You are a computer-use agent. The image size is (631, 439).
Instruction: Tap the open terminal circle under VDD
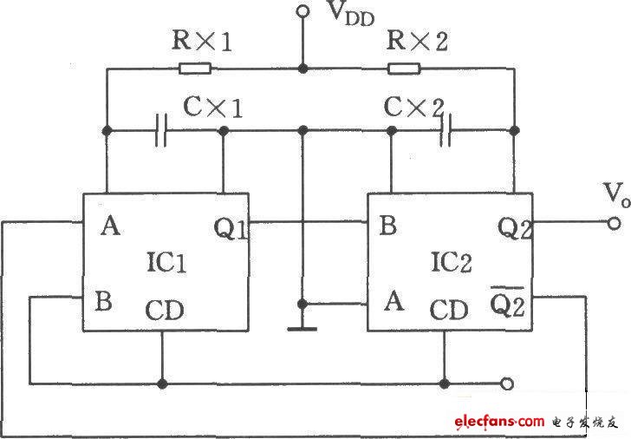pyautogui.click(x=302, y=11)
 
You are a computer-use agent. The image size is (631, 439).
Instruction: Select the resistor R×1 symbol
pyautogui.click(x=194, y=68)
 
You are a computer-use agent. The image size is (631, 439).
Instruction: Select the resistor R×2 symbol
pyautogui.click(x=404, y=68)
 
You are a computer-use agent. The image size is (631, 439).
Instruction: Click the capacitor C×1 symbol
pyautogui.click(x=160, y=132)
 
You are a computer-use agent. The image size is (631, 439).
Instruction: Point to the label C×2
pyautogui.click(x=413, y=107)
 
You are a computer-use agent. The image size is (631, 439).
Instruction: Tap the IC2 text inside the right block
pyautogui.click(x=450, y=262)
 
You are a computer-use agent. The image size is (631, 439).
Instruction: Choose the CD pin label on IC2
pyautogui.click(x=449, y=309)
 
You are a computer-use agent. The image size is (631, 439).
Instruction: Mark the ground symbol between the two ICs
pyautogui.click(x=302, y=328)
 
